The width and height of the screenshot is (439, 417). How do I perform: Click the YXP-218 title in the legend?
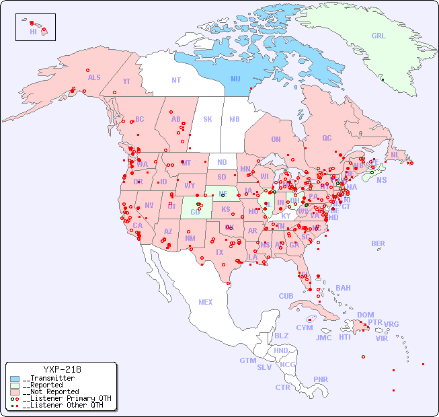[x=62, y=369]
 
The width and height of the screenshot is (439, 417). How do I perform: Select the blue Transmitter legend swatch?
[x=15, y=379]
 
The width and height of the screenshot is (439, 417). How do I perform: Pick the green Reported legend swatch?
[x=15, y=385]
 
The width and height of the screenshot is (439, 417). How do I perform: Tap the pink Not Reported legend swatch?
[x=15, y=391]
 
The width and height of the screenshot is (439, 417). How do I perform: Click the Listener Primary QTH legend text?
[x=67, y=398]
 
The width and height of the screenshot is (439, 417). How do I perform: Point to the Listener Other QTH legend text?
[x=64, y=405]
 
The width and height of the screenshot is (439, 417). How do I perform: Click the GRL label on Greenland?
[x=378, y=36]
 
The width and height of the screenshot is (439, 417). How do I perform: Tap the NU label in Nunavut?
[x=235, y=79]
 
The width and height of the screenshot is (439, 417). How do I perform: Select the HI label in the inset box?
[x=33, y=32]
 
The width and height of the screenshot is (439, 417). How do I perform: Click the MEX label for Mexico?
[x=206, y=302]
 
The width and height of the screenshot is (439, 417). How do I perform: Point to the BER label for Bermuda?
[x=378, y=243]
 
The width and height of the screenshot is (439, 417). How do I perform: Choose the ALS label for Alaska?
[x=94, y=77]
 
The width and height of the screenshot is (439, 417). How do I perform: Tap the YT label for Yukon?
[x=126, y=81]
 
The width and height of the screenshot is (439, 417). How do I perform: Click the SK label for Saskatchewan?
[x=208, y=119]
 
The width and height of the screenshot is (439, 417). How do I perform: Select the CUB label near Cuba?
[x=286, y=296]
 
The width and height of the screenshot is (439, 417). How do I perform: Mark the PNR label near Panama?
[x=321, y=379]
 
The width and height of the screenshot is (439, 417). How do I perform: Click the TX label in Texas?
[x=219, y=252]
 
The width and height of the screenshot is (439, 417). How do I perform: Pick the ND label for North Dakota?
[x=222, y=162]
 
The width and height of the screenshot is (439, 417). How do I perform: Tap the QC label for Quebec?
[x=327, y=138]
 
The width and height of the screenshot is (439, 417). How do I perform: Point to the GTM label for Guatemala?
[x=247, y=361]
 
